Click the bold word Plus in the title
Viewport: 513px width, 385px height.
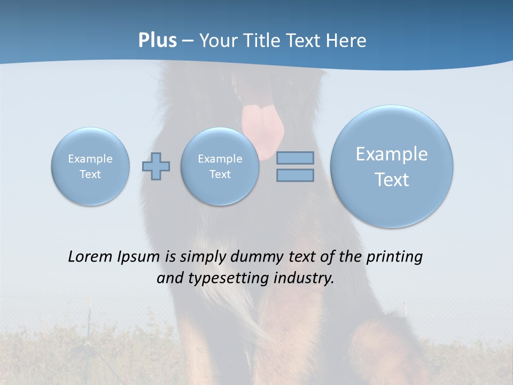157,41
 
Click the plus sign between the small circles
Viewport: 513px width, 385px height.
156,166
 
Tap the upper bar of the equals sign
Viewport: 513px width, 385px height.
295,158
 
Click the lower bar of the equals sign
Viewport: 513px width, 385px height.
295,175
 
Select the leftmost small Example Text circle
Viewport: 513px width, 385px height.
90,166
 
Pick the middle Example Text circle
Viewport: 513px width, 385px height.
220,166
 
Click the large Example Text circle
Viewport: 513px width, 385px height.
392,166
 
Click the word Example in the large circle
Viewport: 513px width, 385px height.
392,154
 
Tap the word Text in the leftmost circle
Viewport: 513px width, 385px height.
90,174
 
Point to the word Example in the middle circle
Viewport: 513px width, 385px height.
220,159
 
